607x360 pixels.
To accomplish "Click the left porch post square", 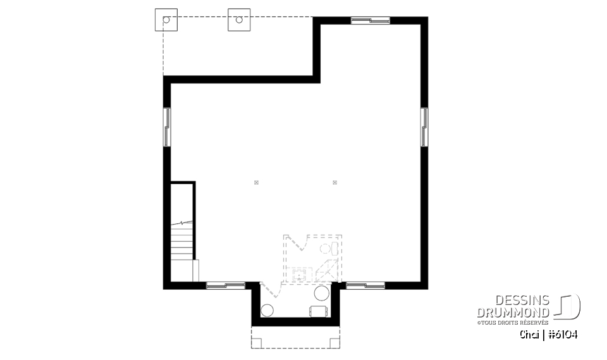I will (x=167, y=20).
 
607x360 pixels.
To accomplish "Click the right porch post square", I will (x=239, y=20).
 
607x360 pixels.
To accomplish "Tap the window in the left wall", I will (x=167, y=127).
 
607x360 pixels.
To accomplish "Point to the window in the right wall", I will (x=424, y=127).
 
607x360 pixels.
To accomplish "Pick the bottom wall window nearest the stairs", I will (x=226, y=285).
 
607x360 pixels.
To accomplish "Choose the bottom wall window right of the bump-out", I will (x=365, y=285).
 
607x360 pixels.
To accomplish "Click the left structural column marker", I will (x=256, y=183).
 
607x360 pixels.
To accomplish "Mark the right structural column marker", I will (x=335, y=183).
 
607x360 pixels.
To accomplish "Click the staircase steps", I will (x=182, y=244).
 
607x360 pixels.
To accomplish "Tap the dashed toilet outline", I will (x=326, y=248).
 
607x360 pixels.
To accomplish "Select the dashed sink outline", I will (x=300, y=275).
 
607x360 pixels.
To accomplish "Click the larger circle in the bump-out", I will (x=322, y=293).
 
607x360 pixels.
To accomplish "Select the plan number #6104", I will (x=563, y=334).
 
